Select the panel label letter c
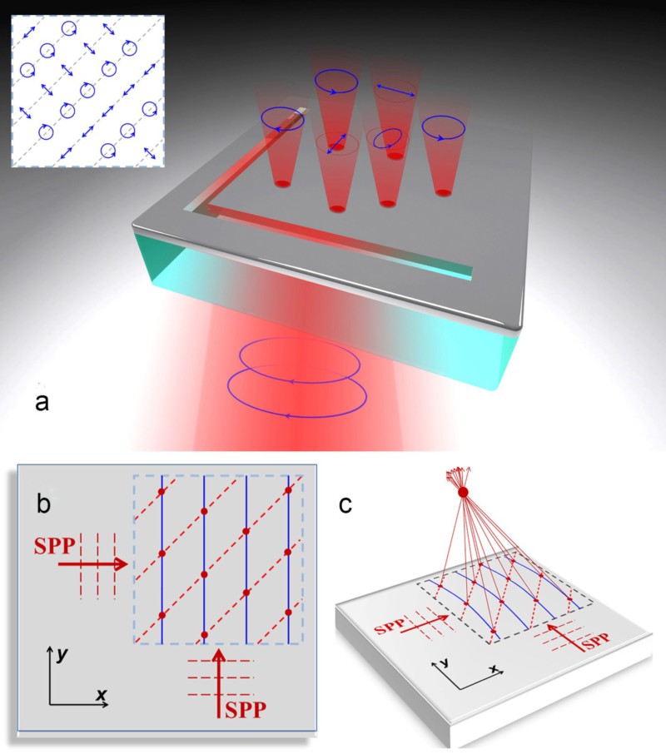[x=345, y=505]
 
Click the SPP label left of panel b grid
[x=55, y=546]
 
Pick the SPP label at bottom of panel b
[x=246, y=710]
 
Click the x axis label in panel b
[x=101, y=694]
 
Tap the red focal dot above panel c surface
[x=463, y=492]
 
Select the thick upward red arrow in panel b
[x=219, y=682]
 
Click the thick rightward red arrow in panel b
[x=92, y=564]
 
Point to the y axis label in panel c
[x=444, y=662]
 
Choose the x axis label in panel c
[x=494, y=668]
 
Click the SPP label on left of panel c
[x=390, y=626]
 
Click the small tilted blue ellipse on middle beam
[x=388, y=137]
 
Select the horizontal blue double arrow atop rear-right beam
[x=395, y=91]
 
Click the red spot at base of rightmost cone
[x=444, y=193]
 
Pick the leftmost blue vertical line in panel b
[x=162, y=559]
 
